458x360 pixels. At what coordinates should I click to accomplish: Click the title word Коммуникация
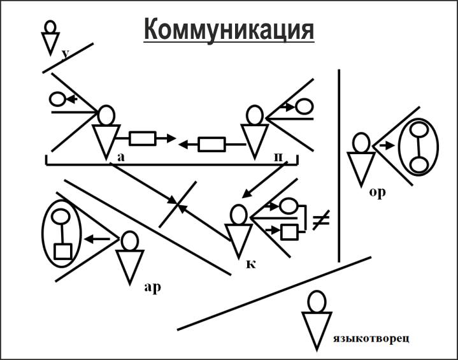click(x=229, y=29)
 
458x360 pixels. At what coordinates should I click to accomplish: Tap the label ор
click(x=377, y=192)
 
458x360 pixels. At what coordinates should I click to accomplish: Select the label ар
click(x=152, y=286)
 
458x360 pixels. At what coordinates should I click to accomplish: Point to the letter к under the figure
click(x=251, y=263)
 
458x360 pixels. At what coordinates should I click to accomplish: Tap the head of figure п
click(x=255, y=116)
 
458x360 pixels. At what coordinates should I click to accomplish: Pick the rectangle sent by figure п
click(x=211, y=145)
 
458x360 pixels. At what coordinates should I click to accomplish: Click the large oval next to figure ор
click(x=419, y=147)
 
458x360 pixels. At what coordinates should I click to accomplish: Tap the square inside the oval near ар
click(x=62, y=251)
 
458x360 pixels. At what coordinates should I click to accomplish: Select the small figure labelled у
click(x=50, y=37)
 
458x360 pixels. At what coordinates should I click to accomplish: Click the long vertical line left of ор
click(x=339, y=166)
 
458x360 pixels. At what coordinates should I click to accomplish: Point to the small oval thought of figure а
click(x=57, y=99)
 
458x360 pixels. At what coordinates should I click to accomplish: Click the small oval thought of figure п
click(x=303, y=106)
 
